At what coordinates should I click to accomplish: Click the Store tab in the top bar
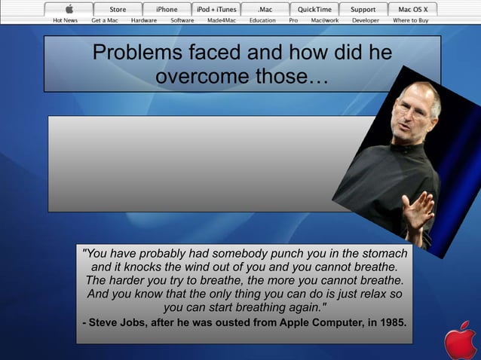[118, 9]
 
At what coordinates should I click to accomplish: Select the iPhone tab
[167, 9]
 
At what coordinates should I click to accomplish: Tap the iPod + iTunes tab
[216, 9]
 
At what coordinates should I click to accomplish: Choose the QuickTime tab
[314, 9]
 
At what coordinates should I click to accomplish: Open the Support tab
[363, 9]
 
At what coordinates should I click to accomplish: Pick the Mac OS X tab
[412, 9]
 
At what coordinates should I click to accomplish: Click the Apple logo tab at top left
[69, 9]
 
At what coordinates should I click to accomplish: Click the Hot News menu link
[65, 20]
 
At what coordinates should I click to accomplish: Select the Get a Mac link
[105, 20]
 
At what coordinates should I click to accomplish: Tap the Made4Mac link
[222, 20]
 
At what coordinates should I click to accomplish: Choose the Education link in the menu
[262, 20]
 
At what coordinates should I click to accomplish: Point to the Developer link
[366, 20]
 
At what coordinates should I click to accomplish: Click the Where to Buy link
[411, 20]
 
